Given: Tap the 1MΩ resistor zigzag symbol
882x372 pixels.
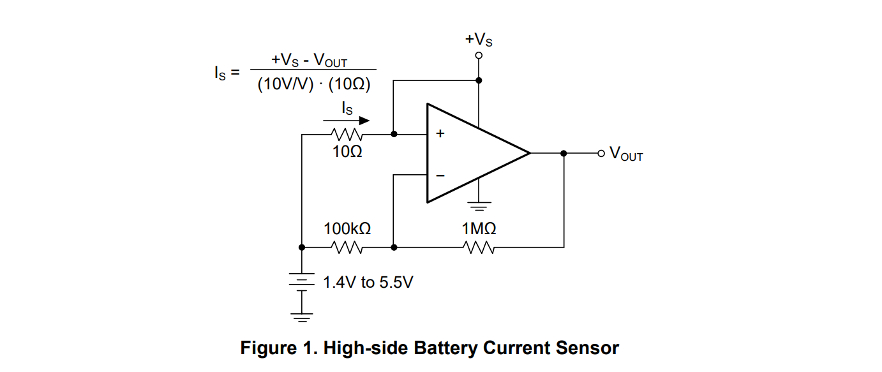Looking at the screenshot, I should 479,248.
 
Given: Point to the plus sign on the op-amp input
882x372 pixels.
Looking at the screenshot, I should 440,134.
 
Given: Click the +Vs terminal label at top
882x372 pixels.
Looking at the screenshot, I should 479,40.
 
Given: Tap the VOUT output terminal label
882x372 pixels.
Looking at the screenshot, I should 626,154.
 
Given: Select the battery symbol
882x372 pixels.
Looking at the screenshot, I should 302,281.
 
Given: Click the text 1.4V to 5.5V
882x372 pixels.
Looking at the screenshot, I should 368,282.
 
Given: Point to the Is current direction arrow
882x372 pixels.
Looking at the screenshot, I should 347,120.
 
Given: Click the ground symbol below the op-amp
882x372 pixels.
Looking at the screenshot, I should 479,206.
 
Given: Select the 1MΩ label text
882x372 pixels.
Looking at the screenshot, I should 479,228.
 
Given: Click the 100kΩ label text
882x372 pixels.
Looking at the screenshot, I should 347,228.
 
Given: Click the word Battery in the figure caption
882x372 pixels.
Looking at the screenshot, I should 445,348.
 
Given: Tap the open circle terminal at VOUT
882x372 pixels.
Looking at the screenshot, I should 601,153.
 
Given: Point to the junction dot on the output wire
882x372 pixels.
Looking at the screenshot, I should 564,153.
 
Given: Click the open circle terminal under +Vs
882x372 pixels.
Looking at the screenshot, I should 479,56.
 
